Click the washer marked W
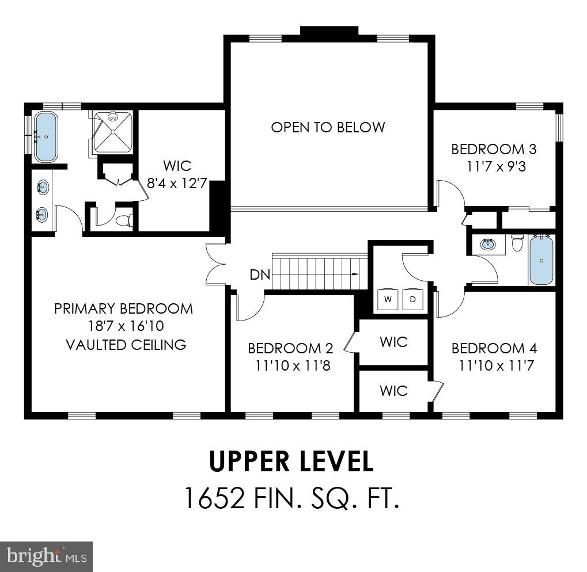click(x=388, y=299)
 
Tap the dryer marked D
click(x=412, y=299)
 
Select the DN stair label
click(x=260, y=274)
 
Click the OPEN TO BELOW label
click(x=328, y=127)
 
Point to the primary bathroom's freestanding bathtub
click(x=46, y=137)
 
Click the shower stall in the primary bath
click(x=113, y=132)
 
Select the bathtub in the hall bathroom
click(x=542, y=260)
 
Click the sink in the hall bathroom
click(x=488, y=244)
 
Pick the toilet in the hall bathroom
click(x=516, y=243)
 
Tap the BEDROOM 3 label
click(x=494, y=150)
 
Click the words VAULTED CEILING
click(x=126, y=345)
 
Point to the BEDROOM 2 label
click(x=290, y=348)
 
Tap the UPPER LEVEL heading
click(x=291, y=461)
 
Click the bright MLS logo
click(x=46, y=556)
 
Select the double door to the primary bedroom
click(x=215, y=264)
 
